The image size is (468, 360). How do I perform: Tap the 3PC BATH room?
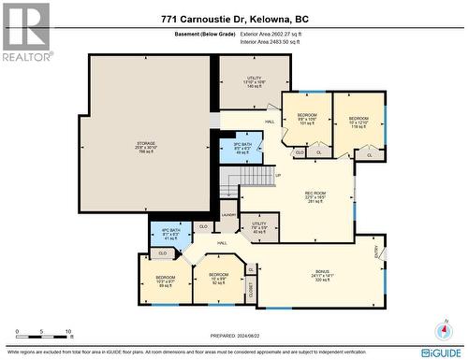(x=241, y=148)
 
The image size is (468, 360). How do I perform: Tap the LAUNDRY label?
(x=228, y=215)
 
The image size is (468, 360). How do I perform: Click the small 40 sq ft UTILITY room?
(x=259, y=227)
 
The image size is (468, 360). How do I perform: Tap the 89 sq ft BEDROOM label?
(x=165, y=281)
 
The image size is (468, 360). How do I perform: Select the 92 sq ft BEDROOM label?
(x=218, y=281)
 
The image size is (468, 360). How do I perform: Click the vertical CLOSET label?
(x=251, y=292)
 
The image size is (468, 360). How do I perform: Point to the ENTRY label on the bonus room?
(x=378, y=250)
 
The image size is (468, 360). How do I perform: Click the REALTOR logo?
(x=25, y=32)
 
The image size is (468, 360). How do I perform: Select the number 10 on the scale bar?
(x=68, y=332)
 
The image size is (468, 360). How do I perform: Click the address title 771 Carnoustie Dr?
(x=233, y=20)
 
